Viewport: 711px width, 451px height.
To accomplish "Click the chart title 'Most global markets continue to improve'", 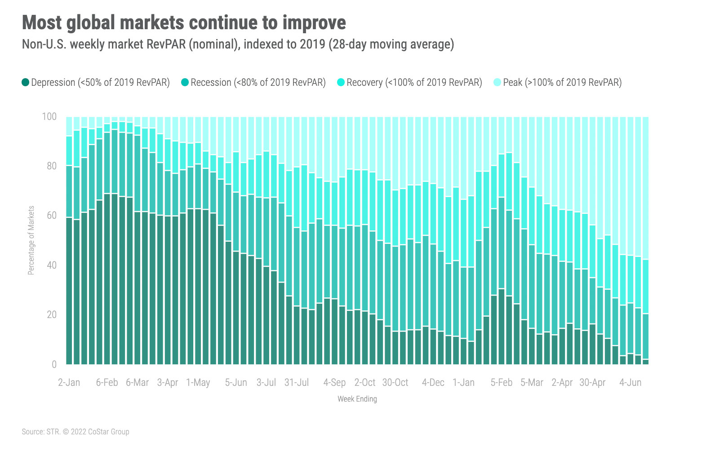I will click(x=184, y=22).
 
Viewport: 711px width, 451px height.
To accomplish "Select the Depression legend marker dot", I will click(x=26, y=82).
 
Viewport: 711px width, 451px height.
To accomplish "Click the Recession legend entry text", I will click(x=258, y=83).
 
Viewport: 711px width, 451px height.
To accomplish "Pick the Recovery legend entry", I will click(x=414, y=83).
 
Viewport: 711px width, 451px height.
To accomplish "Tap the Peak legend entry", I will click(x=562, y=83).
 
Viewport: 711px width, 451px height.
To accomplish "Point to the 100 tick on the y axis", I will click(x=49, y=117).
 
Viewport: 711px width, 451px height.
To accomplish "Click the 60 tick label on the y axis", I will click(x=51, y=216).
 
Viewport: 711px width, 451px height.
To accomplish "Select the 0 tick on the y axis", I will click(x=54, y=364).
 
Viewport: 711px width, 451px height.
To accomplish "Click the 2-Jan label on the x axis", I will click(x=69, y=383).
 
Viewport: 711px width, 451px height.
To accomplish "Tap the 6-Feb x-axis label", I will click(x=107, y=383).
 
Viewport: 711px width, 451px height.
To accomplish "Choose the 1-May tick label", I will click(x=198, y=383).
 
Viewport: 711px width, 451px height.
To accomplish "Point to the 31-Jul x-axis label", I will click(x=297, y=383).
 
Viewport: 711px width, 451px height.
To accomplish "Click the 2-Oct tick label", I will click(x=365, y=383).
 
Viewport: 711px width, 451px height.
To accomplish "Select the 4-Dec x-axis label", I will click(x=433, y=383).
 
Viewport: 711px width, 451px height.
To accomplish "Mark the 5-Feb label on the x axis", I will click(x=502, y=383).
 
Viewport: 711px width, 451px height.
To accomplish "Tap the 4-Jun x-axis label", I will click(x=631, y=383).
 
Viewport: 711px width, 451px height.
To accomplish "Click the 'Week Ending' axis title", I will click(x=357, y=399).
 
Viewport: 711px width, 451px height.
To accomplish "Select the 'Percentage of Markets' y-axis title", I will click(x=31, y=240).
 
